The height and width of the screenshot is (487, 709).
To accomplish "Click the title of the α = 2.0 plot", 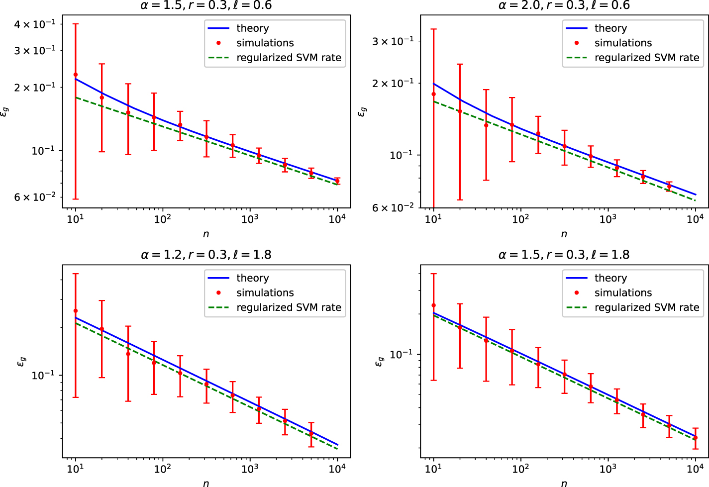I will pyautogui.click(x=564, y=5).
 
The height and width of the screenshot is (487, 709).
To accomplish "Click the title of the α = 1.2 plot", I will pyautogui.click(x=206, y=255).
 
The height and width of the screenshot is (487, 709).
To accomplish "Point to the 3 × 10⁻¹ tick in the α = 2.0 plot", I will pyautogui.click(x=393, y=41).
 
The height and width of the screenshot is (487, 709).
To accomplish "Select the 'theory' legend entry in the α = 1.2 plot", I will pyautogui.click(x=252, y=278).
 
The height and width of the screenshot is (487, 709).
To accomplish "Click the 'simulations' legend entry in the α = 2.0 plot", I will pyautogui.click(x=623, y=43).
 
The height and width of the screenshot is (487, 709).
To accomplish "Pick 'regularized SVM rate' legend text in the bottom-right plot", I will pyautogui.click(x=647, y=307).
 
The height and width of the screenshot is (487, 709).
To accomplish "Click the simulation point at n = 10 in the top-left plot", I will pyautogui.click(x=76, y=75).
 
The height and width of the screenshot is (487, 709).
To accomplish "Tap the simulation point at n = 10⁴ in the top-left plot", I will pyautogui.click(x=337, y=181).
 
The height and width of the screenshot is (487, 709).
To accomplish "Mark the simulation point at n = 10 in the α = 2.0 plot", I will pyautogui.click(x=433, y=94).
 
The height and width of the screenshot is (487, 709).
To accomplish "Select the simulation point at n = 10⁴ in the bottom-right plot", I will pyautogui.click(x=696, y=438).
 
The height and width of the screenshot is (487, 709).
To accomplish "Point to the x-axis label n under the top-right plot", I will pyautogui.click(x=564, y=234).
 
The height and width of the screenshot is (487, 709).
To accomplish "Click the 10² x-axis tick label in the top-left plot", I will pyautogui.click(x=162, y=219).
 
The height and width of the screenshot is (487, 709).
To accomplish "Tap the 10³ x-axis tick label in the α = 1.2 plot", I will pyautogui.click(x=250, y=469).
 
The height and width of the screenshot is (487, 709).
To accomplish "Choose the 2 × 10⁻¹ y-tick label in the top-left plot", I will pyautogui.click(x=34, y=87).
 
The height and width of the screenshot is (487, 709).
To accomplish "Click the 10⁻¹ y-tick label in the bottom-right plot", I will pyautogui.click(x=401, y=354).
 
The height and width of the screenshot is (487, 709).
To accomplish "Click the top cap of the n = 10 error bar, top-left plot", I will pyautogui.click(x=76, y=24).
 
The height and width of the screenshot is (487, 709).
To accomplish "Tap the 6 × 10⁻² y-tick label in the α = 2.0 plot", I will pyautogui.click(x=393, y=207).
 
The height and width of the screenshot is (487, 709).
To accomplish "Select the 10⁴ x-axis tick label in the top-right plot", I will pyautogui.click(x=695, y=219).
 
